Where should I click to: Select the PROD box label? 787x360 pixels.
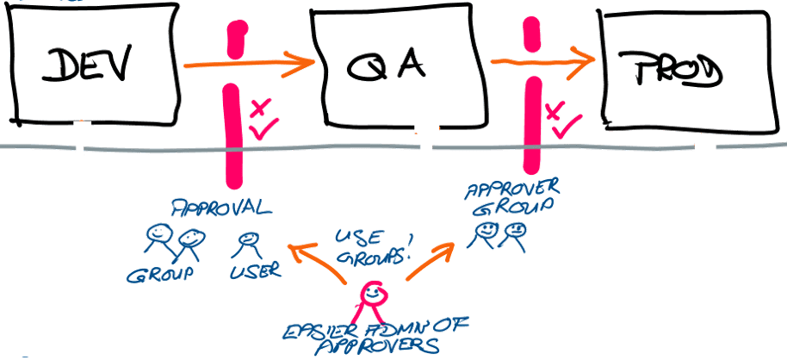coord(672,71)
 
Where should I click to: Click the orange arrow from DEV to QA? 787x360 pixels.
coord(250,62)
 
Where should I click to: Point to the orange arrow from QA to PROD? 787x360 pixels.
coord(542,60)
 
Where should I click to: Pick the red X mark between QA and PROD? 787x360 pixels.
coord(555,109)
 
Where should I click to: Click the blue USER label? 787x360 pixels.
coord(256,271)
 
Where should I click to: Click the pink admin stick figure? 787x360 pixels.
coord(371,297)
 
